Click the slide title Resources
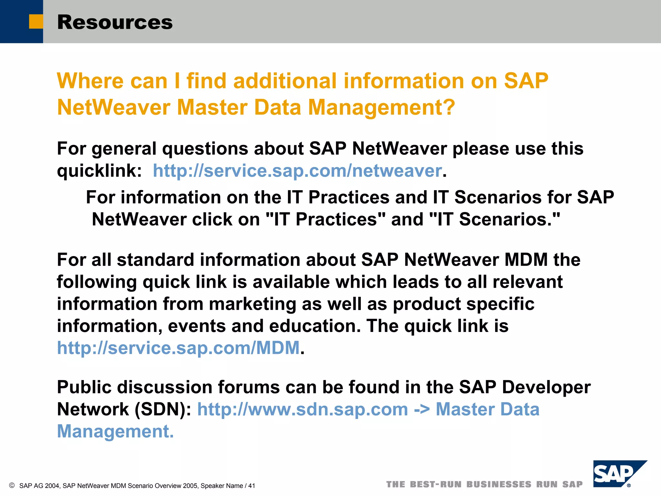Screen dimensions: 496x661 pos(115,22)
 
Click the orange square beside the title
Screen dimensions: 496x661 pos(36,22)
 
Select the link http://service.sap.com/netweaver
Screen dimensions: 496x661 pos(297,171)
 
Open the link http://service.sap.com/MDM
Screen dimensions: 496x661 pos(178,348)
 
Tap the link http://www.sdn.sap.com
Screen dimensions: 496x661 pos(302,409)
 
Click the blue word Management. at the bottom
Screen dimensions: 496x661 pos(115,431)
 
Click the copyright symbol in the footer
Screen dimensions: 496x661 pos(12,485)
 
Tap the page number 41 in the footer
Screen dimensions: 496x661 pos(251,486)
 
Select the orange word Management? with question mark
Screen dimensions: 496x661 pos(381,107)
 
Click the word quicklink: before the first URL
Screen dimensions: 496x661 pos(99,171)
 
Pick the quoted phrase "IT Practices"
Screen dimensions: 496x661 pos(325,220)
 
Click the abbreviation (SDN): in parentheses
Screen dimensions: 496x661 pos(163,409)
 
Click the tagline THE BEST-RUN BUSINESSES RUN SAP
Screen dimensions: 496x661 pos(484,484)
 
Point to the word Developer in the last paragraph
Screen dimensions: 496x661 pos(546,387)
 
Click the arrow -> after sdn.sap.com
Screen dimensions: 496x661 pos(422,409)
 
